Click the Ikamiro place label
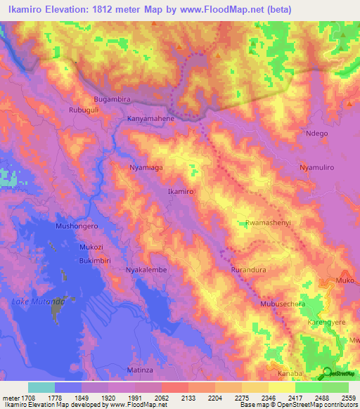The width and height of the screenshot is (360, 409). (181, 191)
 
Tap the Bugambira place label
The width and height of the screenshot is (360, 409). (113, 100)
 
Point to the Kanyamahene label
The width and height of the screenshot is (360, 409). (150, 119)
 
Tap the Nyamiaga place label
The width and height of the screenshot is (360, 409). (146, 168)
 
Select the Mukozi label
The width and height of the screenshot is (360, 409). (91, 248)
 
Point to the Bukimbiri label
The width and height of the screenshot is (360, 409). (96, 260)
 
